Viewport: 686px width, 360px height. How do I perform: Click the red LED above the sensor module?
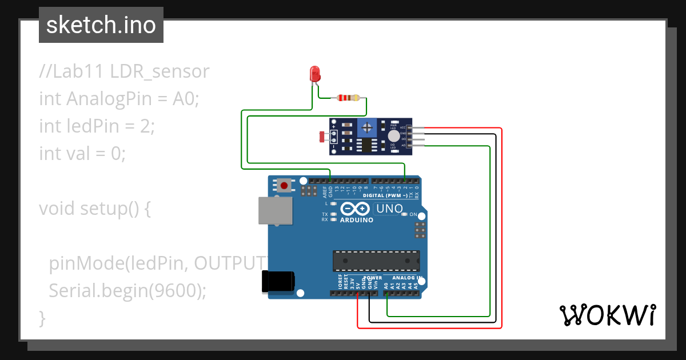(x=314, y=74)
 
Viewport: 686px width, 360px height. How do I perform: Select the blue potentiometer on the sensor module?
(x=367, y=127)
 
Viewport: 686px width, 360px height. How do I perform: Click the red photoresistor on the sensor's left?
(x=322, y=137)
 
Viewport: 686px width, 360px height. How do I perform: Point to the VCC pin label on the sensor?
(x=402, y=127)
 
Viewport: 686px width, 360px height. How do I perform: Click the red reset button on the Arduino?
(x=284, y=185)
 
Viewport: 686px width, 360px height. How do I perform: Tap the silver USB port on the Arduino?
(x=274, y=210)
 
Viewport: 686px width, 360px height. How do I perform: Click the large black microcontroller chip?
(x=376, y=261)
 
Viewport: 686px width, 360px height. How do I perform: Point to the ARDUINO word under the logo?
(x=356, y=220)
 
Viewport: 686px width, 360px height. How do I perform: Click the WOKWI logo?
(x=607, y=315)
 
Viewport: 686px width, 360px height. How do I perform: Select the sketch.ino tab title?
(x=101, y=25)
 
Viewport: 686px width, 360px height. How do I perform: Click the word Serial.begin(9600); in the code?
(x=127, y=290)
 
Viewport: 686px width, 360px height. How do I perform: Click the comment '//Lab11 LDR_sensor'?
(x=124, y=71)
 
